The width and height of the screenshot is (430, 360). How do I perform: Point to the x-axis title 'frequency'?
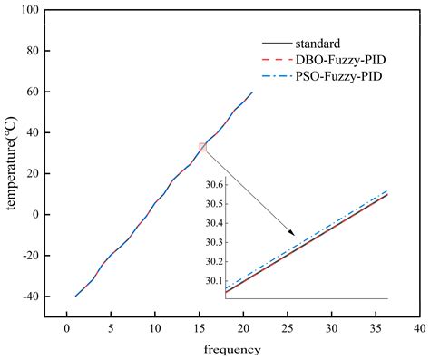pyautogui.click(x=233, y=348)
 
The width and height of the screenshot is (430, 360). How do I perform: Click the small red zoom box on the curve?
pyautogui.click(x=203, y=147)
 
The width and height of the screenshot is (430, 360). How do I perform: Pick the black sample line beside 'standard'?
pyautogui.click(x=276, y=43)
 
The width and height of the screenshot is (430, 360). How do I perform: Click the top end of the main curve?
pyautogui.click(x=252, y=92)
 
